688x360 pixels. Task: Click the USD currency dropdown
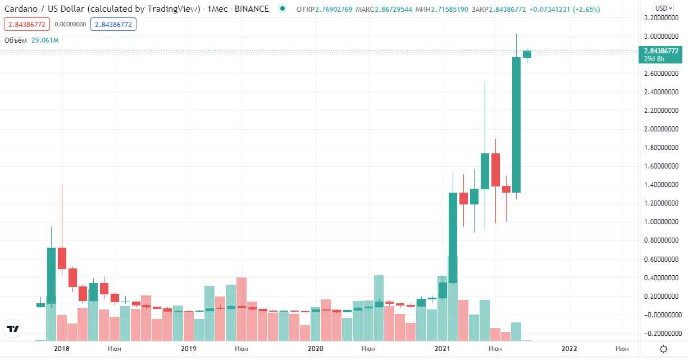coord(663,8)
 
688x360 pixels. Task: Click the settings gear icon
coord(663,349)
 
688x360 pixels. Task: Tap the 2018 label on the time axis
coord(62,349)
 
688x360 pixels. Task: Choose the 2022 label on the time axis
coord(569,349)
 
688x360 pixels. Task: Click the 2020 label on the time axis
coord(316,349)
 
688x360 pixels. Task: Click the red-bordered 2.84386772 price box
coord(27,25)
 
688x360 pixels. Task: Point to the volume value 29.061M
coord(45,40)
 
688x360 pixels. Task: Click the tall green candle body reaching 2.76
coord(516,125)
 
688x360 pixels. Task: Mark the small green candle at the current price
coord(527,54)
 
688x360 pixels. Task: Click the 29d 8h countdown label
coord(655,59)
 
